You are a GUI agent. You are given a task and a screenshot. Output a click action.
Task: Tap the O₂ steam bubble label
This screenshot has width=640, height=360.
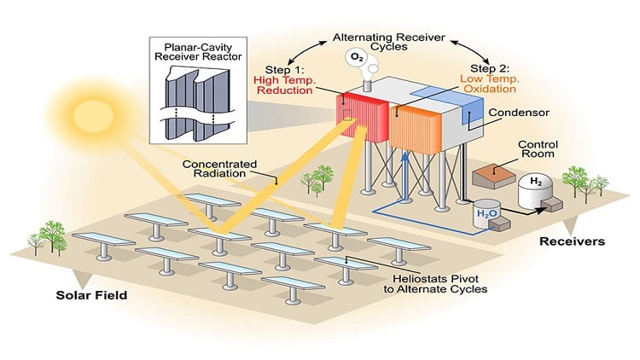[x=357, y=58]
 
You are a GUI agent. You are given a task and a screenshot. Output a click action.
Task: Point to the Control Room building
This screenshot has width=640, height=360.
[x=494, y=176]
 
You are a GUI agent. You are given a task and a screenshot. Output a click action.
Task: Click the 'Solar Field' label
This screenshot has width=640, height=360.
[x=91, y=295]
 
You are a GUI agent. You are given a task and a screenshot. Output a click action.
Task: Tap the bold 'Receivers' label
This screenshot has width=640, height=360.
[x=573, y=241]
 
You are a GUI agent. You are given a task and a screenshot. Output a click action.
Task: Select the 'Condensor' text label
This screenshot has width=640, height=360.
[x=519, y=113]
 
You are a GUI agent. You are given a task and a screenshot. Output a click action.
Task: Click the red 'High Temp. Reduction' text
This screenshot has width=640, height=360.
[x=284, y=85]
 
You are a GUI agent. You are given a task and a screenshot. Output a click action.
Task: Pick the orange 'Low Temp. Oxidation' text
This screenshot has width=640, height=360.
[x=490, y=84]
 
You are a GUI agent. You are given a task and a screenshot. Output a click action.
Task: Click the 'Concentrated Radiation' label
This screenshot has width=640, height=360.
[x=219, y=169]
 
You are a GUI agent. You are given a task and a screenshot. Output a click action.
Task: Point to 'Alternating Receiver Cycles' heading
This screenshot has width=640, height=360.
[x=388, y=42]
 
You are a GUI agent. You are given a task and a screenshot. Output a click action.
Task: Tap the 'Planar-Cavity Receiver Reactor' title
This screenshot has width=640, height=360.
[x=198, y=52]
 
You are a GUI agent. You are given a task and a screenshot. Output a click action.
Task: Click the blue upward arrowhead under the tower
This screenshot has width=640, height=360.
[x=404, y=157]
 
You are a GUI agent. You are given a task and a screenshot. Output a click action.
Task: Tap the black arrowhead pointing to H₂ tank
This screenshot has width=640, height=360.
[x=541, y=211]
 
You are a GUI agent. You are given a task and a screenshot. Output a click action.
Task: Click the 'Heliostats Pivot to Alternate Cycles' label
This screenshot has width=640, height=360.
[x=435, y=284]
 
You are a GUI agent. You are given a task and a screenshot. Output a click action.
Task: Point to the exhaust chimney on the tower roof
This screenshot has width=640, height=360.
[x=368, y=85]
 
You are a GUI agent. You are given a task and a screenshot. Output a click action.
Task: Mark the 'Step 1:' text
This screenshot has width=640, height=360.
[x=284, y=69]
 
